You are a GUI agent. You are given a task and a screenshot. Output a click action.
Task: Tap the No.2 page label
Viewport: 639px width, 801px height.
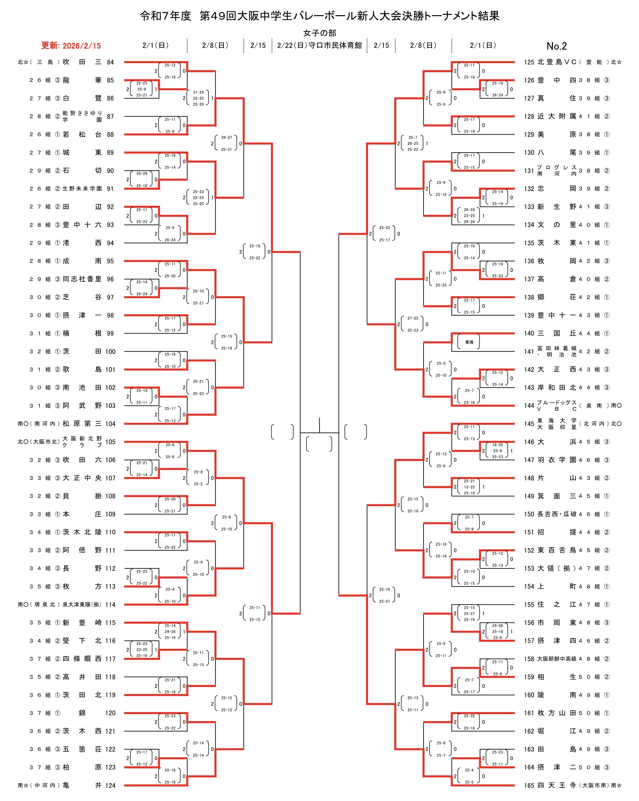(556, 46)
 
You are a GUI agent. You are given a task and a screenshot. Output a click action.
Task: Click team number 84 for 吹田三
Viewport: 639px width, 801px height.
(110, 62)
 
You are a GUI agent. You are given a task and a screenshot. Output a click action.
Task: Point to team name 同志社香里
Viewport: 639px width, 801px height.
(82, 279)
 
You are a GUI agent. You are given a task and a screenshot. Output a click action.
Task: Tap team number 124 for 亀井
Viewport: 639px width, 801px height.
(110, 785)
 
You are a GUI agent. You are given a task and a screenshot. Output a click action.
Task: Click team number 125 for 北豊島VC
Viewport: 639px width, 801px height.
(529, 62)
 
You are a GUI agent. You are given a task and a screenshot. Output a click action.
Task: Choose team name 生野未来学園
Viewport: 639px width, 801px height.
(82, 189)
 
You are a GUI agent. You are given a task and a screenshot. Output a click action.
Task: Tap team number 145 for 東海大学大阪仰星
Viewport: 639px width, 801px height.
(529, 424)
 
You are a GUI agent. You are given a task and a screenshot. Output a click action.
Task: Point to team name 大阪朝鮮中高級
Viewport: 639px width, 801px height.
(556, 659)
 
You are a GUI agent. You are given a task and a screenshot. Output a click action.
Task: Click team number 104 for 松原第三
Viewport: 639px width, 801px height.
(110, 424)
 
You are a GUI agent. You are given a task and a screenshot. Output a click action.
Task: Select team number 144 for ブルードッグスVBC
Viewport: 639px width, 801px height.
(529, 406)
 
